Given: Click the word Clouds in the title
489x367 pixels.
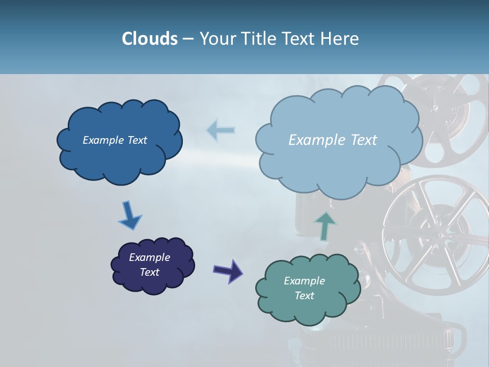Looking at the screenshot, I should (x=149, y=39).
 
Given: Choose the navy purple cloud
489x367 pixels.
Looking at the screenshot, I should (x=153, y=283).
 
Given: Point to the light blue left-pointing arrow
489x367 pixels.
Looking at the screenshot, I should (x=221, y=130).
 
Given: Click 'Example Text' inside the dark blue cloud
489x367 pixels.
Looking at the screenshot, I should (x=115, y=140).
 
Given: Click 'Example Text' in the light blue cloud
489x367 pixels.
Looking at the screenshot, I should (x=333, y=140).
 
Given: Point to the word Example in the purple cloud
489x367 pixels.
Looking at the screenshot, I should (x=149, y=257).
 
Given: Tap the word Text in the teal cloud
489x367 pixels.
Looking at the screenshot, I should (x=304, y=296).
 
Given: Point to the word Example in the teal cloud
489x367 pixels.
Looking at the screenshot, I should (x=304, y=281).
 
